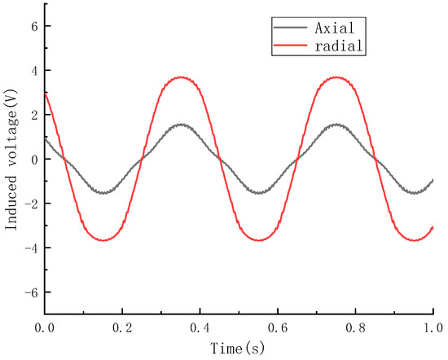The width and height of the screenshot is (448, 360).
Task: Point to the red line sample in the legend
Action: tap(288, 47)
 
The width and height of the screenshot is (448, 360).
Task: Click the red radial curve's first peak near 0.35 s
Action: tap(181, 77)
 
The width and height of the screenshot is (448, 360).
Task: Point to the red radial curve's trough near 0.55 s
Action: tap(259, 239)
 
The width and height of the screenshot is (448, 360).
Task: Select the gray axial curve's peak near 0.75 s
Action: tap(336, 125)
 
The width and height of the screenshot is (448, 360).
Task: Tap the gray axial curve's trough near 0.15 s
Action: tap(103, 193)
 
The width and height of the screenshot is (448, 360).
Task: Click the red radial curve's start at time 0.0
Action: tap(46, 93)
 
